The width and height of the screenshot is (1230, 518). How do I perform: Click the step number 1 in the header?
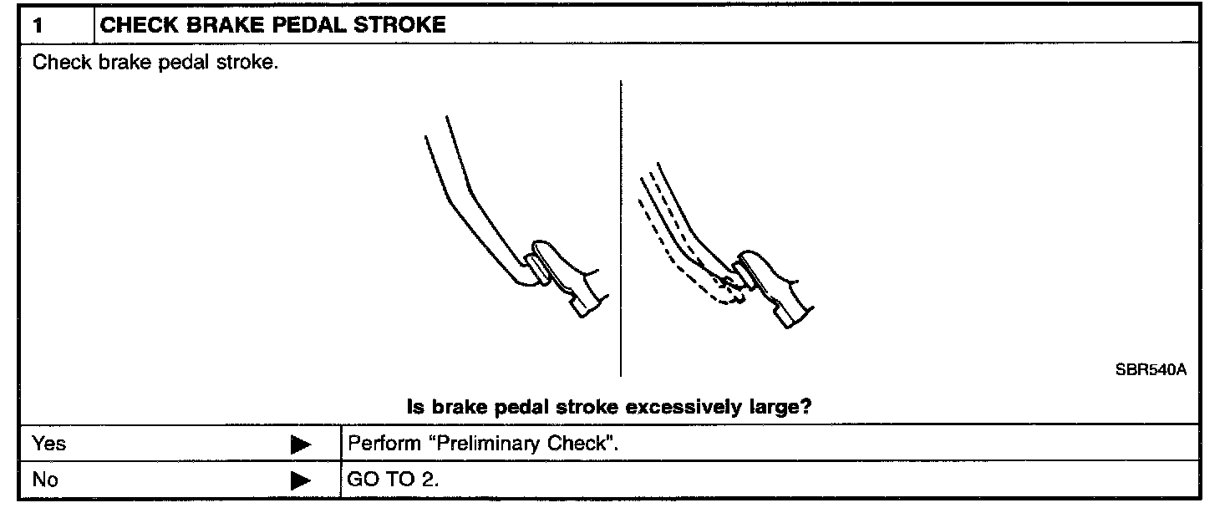(38, 25)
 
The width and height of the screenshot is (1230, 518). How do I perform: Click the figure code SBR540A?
(1151, 370)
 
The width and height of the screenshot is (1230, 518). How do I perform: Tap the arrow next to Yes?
(301, 444)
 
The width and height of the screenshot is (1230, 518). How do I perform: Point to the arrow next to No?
(301, 481)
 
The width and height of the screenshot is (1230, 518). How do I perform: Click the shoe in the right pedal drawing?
(773, 288)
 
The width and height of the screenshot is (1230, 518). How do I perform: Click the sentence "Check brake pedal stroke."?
(155, 63)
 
